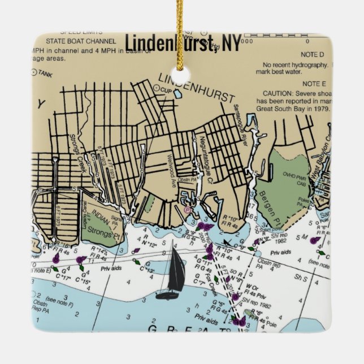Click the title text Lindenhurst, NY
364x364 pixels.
point(183,43)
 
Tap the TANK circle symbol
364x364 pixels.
point(34,73)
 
